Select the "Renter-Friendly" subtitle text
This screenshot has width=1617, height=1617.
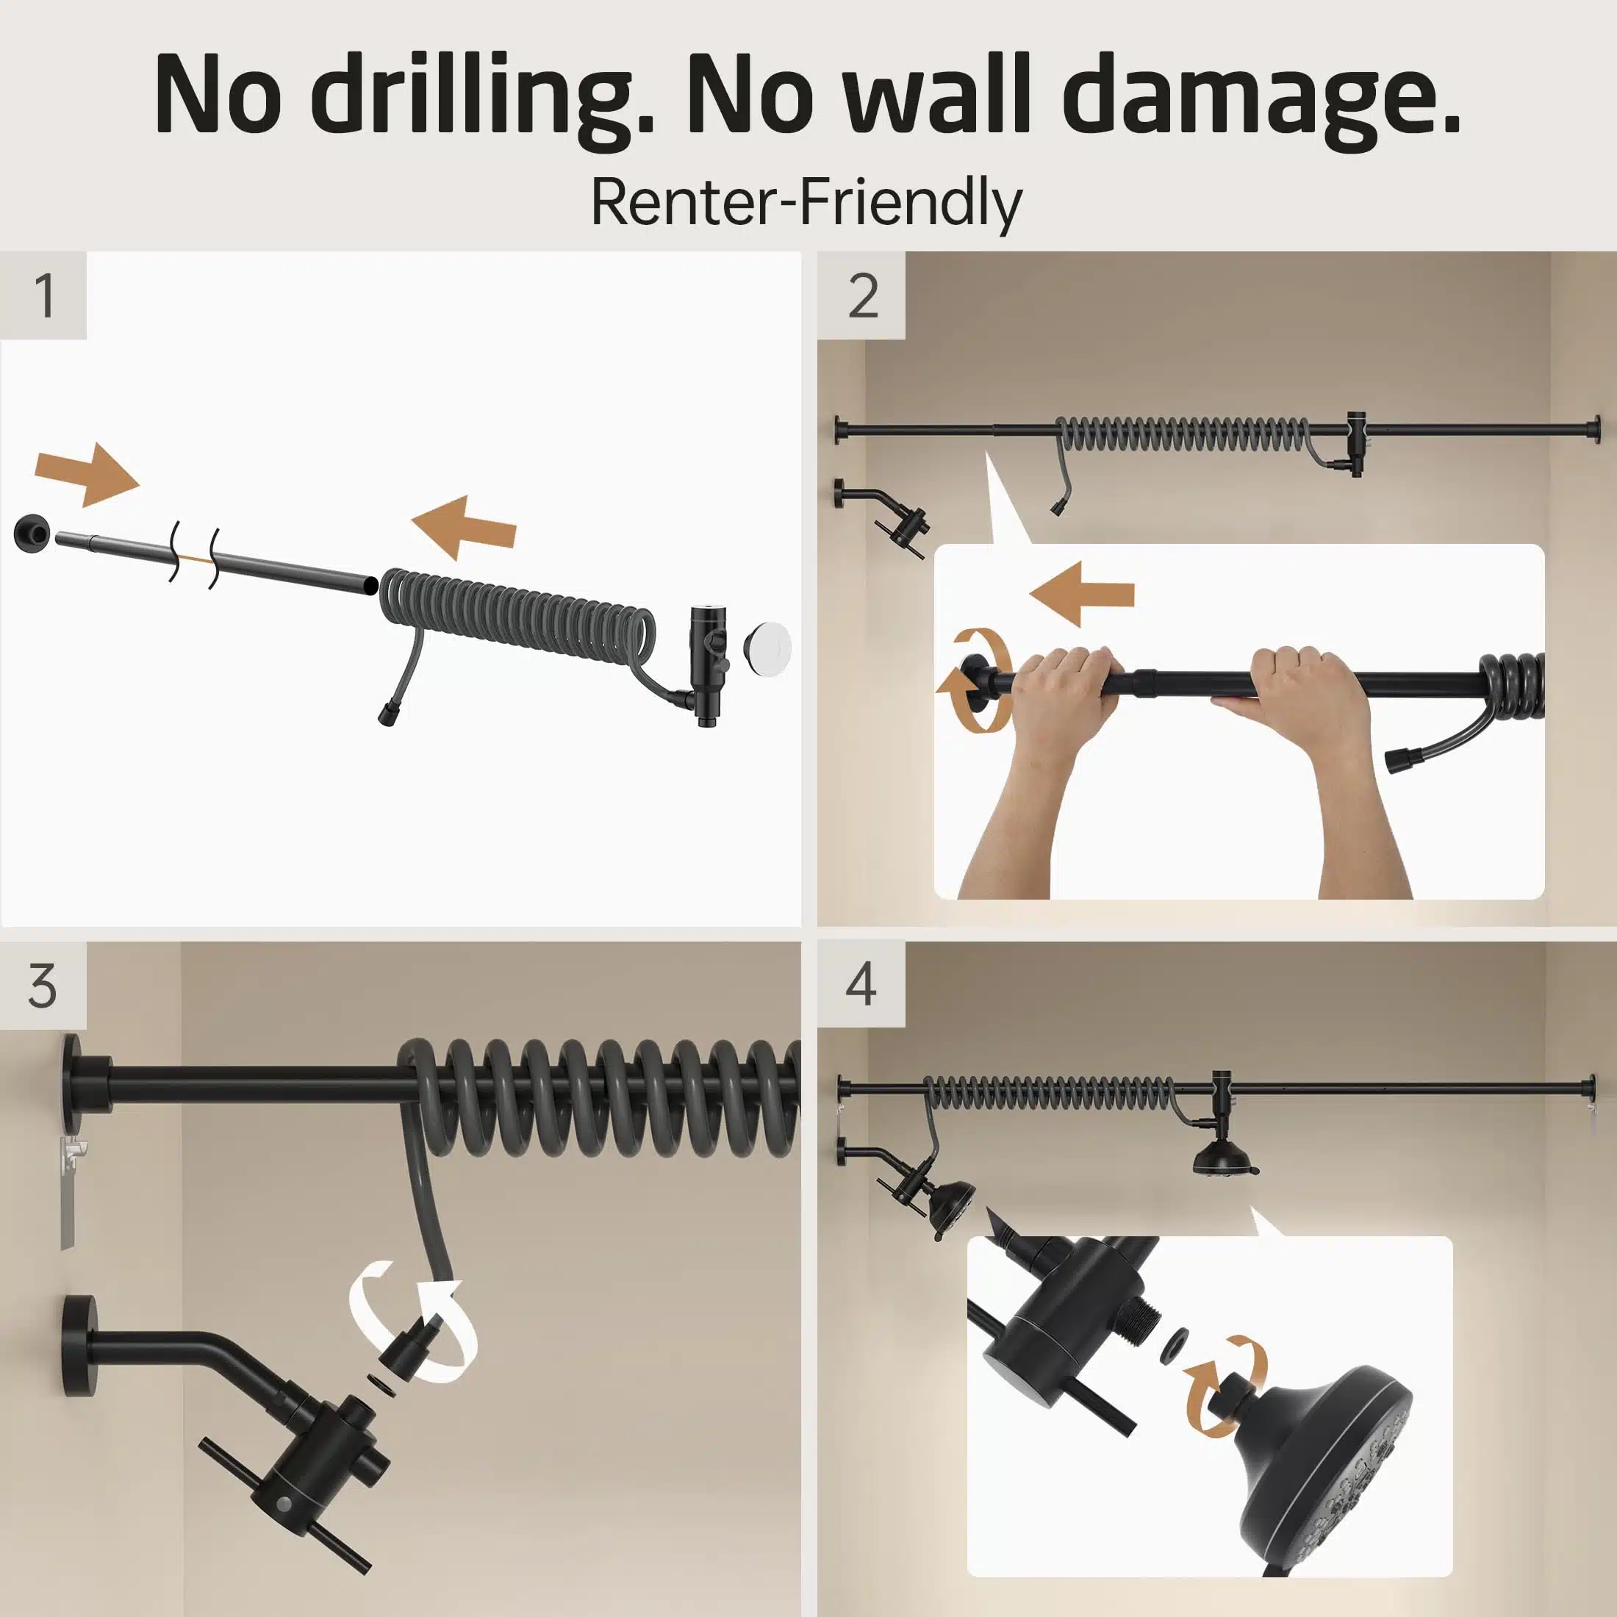pos(807,204)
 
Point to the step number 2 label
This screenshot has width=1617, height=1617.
pos(863,295)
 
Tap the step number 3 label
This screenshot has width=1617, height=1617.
pos(43,985)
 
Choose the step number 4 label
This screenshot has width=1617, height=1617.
pos(861,984)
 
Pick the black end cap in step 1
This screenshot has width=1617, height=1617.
pos(32,532)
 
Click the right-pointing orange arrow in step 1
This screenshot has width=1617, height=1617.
pos(87,475)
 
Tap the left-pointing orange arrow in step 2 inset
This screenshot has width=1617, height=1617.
pos(1081,594)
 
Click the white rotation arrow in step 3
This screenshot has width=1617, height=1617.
pos(412,1322)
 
